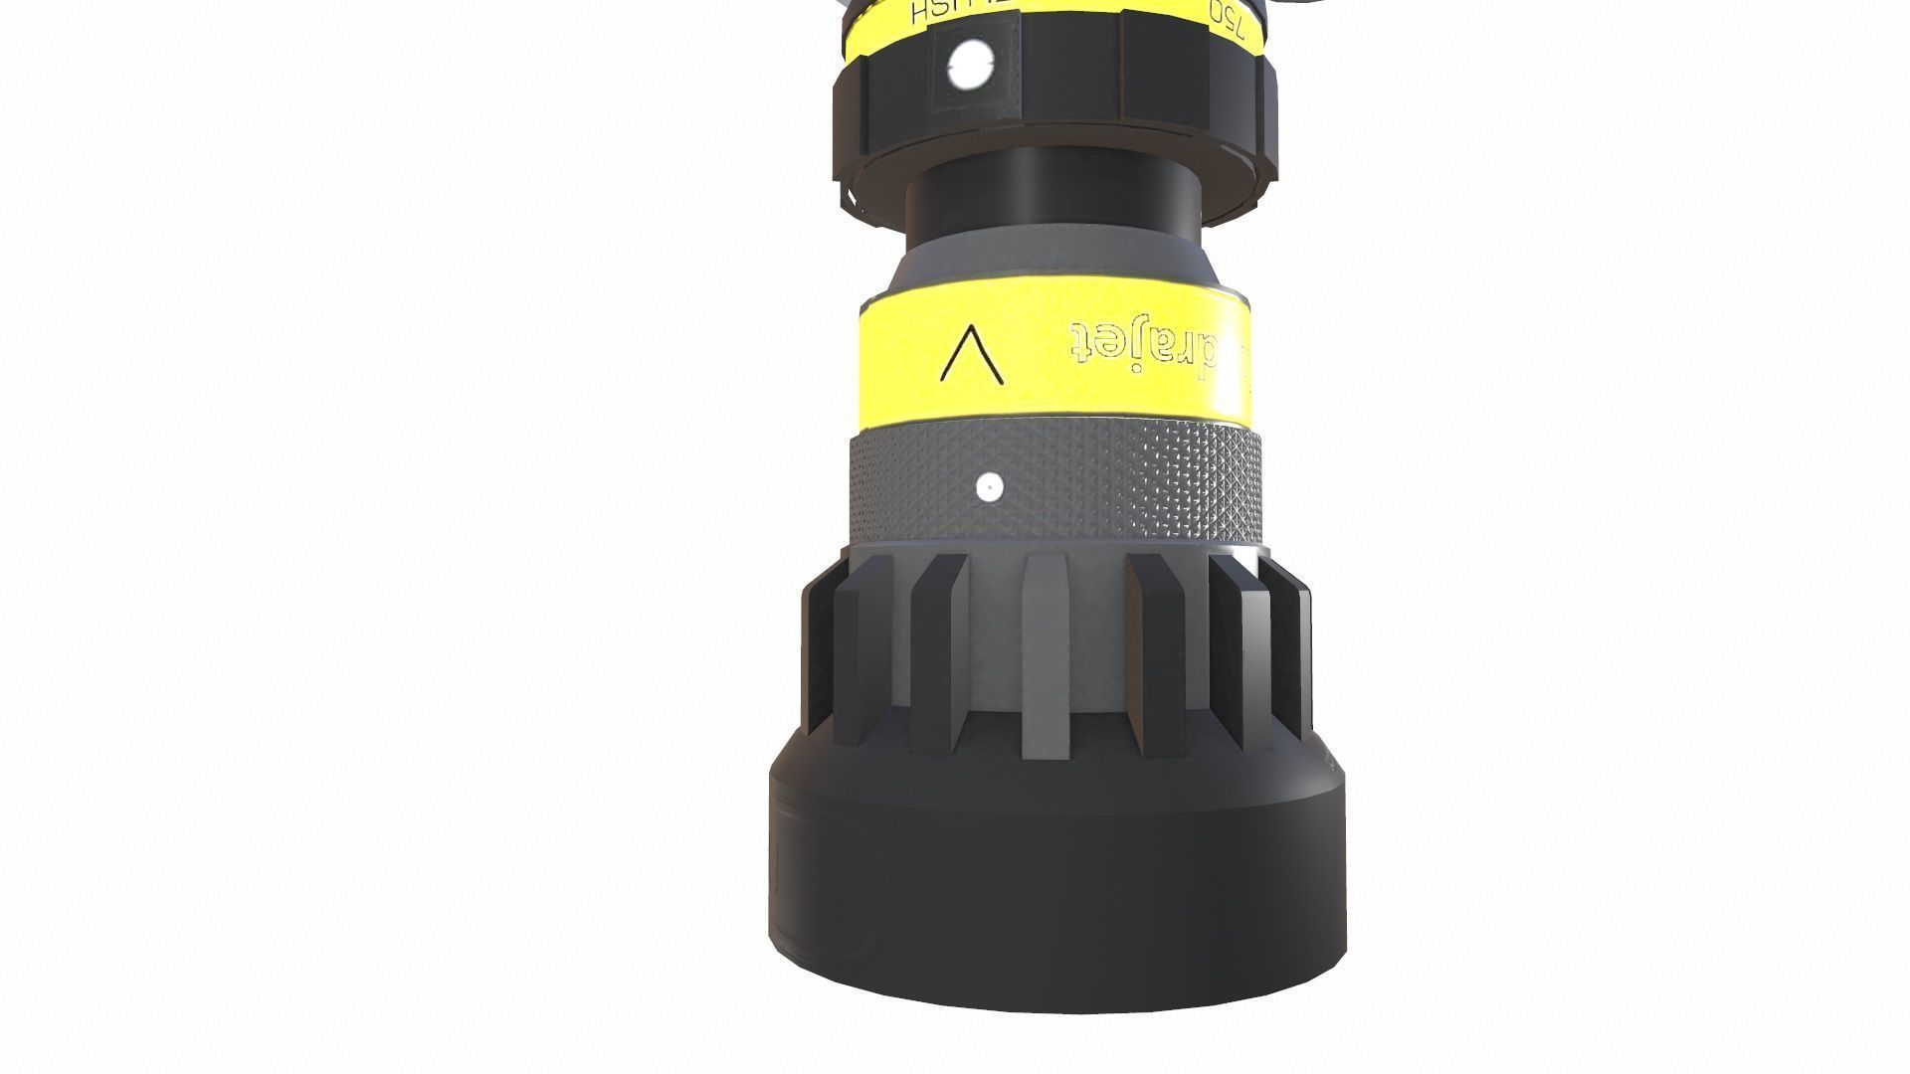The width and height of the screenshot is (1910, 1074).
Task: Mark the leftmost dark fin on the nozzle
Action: coord(817,656)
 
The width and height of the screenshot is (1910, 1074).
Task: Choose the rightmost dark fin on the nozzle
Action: coord(1301,656)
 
